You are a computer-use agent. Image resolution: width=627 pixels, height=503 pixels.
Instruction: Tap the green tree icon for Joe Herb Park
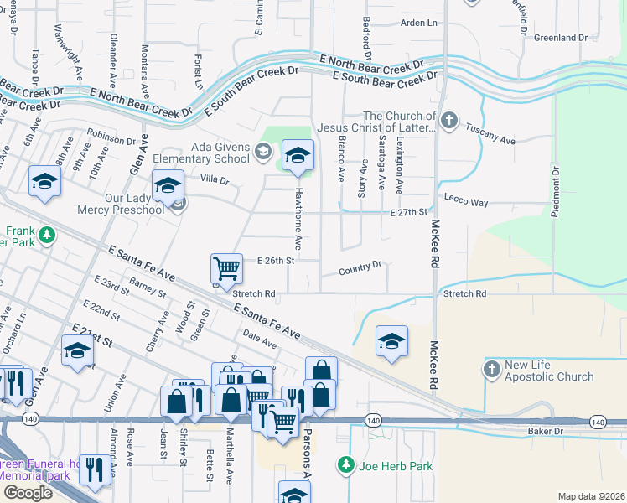pyautogui.click(x=345, y=463)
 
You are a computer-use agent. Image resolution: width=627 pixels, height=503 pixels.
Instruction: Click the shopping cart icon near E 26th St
pyautogui.click(x=226, y=268)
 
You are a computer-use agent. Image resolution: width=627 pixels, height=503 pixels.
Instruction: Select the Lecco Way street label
pyautogui.click(x=467, y=203)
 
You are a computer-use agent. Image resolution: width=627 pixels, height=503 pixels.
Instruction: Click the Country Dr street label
pyautogui.click(x=360, y=270)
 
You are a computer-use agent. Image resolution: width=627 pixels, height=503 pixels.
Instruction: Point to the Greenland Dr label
pyautogui.click(x=561, y=38)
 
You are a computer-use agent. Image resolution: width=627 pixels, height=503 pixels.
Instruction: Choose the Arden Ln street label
pyautogui.click(x=420, y=23)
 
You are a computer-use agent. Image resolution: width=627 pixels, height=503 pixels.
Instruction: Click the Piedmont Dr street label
pyautogui.click(x=555, y=192)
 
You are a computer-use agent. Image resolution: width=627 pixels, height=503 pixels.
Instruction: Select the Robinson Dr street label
pyautogui.click(x=111, y=137)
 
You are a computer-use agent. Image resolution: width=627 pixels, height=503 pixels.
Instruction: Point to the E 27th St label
pyautogui.click(x=409, y=213)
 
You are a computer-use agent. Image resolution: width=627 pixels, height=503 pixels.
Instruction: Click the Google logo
pyautogui.click(x=28, y=492)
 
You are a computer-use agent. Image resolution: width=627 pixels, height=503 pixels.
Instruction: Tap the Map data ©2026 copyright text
pyautogui.click(x=590, y=496)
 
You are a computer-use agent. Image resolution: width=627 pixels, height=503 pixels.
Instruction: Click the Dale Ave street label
pyautogui.click(x=259, y=339)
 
